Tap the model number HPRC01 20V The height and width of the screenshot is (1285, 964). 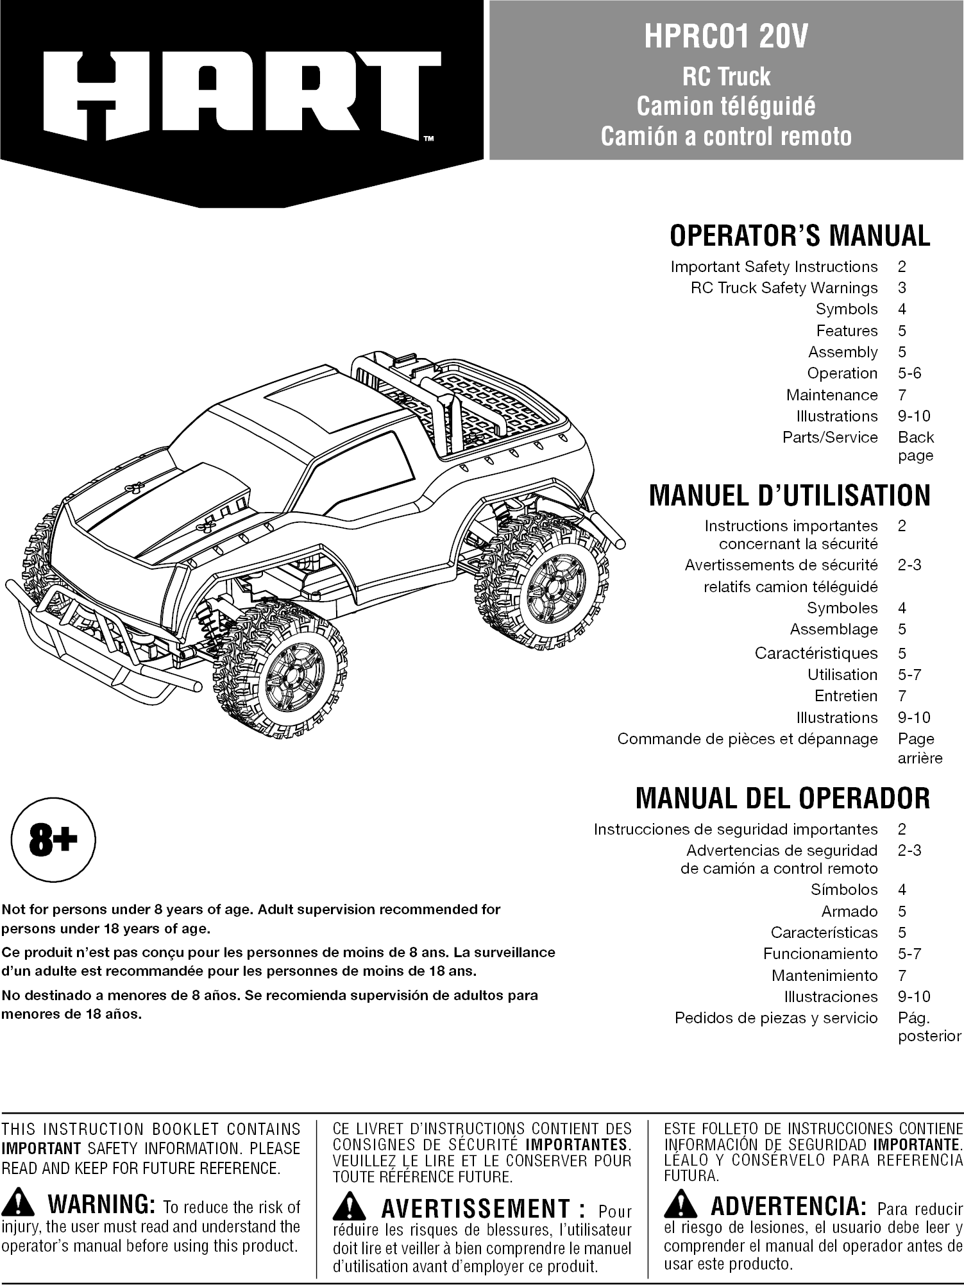pyautogui.click(x=726, y=37)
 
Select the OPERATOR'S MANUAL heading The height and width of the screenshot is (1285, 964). pyautogui.click(x=799, y=235)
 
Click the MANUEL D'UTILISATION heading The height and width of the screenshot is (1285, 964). pyautogui.click(x=789, y=496)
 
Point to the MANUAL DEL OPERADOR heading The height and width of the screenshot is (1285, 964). pyautogui.click(x=782, y=799)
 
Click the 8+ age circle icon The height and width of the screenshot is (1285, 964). pyautogui.click(x=53, y=840)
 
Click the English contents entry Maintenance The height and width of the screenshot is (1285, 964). pyautogui.click(x=831, y=395)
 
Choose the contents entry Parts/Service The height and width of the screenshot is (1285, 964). pyautogui.click(x=829, y=438)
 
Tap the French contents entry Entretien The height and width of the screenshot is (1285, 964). pyautogui.click(x=845, y=696)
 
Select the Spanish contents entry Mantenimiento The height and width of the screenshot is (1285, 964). pyautogui.click(x=824, y=976)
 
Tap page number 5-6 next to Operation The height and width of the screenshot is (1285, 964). pyautogui.click(x=909, y=373)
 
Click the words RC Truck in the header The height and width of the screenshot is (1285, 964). pyautogui.click(x=726, y=76)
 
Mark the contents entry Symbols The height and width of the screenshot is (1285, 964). pyautogui.click(x=846, y=309)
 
